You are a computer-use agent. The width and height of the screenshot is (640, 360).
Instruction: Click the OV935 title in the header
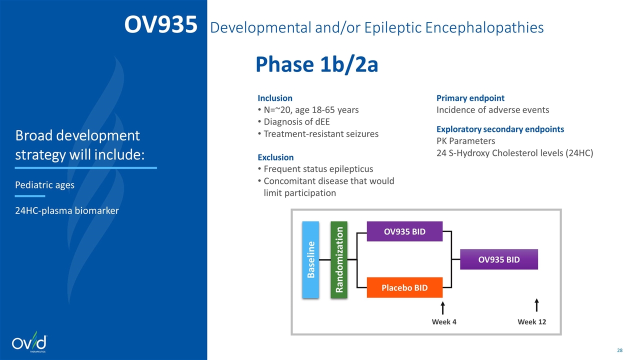point(161,24)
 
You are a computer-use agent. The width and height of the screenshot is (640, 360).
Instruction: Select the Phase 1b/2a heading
point(317,64)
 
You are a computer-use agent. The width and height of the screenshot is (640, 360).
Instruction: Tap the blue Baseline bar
point(310,259)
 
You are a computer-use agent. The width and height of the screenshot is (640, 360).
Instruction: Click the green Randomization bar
point(339,259)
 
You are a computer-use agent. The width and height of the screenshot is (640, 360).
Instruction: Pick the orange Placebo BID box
point(404,287)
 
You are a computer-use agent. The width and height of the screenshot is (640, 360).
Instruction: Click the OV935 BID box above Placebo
point(404,231)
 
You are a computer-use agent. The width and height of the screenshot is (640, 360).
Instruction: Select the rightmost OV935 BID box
point(499,259)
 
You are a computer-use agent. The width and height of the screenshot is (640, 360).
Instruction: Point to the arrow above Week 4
point(442,308)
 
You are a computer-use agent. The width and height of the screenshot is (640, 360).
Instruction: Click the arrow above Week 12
point(536,305)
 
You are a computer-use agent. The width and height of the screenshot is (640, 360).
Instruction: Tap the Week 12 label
point(531,322)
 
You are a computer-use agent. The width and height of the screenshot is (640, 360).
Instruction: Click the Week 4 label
point(444,322)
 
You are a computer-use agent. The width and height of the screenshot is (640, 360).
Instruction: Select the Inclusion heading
point(275,98)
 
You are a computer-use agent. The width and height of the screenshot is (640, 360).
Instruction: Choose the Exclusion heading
point(275,157)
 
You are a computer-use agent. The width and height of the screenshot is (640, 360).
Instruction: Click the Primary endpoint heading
point(470,98)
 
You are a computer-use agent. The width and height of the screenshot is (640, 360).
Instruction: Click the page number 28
point(619,350)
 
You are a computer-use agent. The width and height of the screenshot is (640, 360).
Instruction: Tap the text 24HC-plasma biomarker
point(67,210)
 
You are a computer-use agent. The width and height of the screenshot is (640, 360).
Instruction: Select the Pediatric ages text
point(44,185)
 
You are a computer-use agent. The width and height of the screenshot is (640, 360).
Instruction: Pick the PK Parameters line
point(465,141)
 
